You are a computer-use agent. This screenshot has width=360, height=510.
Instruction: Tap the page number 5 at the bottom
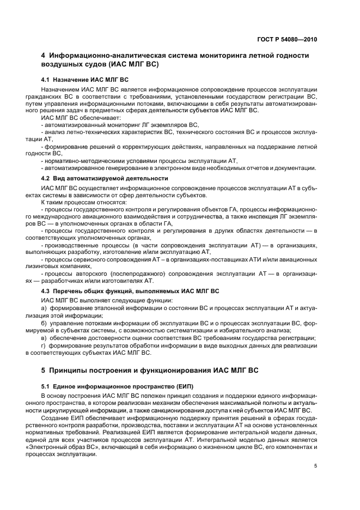click(x=315, y=466)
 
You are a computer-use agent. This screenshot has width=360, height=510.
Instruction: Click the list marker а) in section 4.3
click(x=44, y=308)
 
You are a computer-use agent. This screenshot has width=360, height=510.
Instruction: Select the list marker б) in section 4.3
click(x=44, y=323)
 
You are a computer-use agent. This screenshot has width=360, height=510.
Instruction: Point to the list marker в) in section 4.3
click(x=44, y=338)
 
